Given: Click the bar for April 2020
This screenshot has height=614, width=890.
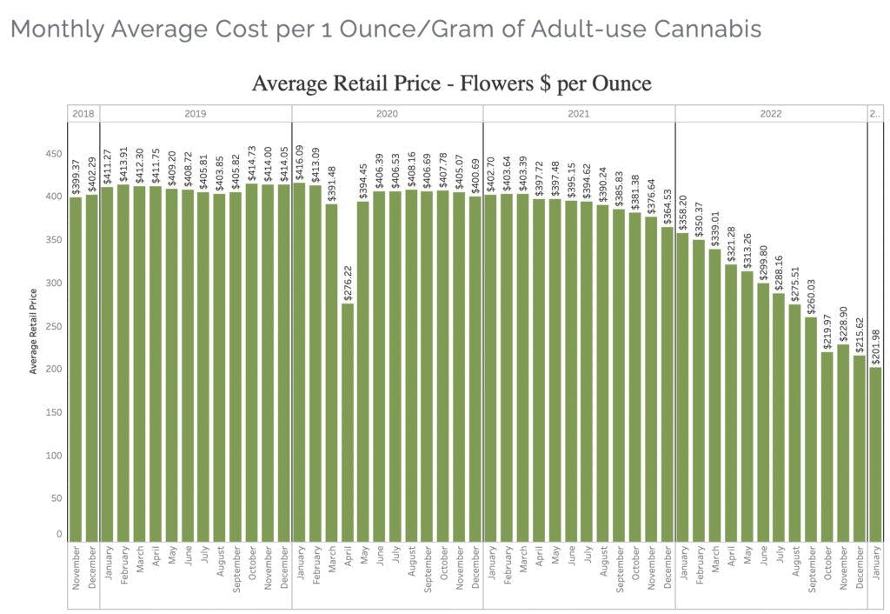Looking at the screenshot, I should (x=348, y=422).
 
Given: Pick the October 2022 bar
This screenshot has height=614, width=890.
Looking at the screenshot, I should (x=827, y=446).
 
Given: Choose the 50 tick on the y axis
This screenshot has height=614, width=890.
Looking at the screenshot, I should (x=56, y=498).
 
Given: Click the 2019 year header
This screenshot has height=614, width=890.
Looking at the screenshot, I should (x=196, y=114).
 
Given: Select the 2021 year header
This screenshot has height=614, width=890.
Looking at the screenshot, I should (x=579, y=114).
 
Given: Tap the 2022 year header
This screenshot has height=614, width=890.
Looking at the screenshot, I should (x=770, y=114).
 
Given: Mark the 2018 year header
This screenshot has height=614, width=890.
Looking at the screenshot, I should (x=83, y=114).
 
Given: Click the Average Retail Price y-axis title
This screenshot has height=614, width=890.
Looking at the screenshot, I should (x=34, y=330).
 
